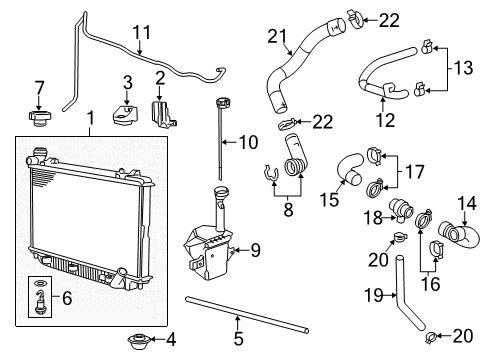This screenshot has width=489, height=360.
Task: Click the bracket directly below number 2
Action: [160, 114]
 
